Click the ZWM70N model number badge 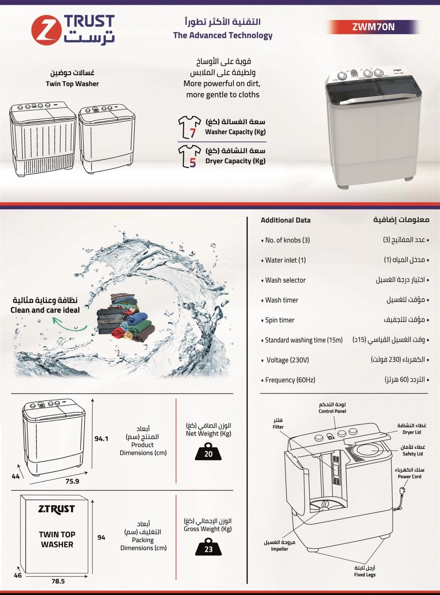[373, 27]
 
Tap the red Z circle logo [46, 29]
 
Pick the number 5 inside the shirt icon [192, 162]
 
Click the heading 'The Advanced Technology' [223, 36]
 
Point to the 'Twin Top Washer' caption [72, 84]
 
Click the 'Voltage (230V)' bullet [287, 360]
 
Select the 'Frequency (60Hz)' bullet [290, 380]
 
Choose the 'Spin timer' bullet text [279, 320]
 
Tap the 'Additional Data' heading [286, 220]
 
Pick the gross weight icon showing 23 [208, 547]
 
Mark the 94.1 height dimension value [102, 438]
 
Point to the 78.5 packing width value [58, 581]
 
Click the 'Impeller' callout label [279, 549]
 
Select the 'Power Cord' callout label [409, 476]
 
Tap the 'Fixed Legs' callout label [365, 574]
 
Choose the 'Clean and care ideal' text [45, 310]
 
